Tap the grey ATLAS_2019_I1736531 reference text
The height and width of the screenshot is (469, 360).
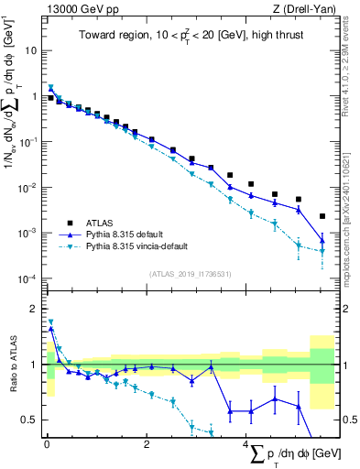[190, 274]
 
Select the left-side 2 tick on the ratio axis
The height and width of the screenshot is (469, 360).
[35, 309]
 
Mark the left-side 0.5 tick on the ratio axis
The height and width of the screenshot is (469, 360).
[30, 420]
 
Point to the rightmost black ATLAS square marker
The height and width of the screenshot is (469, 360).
[322, 216]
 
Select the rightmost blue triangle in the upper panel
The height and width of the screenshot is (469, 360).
[322, 241]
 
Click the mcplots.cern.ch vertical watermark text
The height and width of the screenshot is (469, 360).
[353, 220]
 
